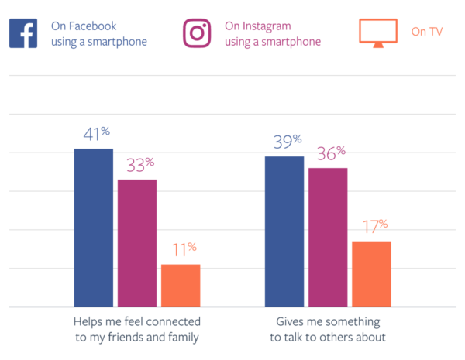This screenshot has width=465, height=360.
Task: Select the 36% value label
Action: click(x=329, y=153)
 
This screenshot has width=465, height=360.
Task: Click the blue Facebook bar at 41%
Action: click(x=94, y=228)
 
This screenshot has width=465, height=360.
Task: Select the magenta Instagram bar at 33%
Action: click(x=137, y=243)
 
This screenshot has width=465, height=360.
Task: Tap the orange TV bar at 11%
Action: click(x=181, y=286)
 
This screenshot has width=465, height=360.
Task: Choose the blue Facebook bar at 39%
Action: click(x=284, y=231)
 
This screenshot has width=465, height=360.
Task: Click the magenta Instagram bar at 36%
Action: click(x=328, y=237)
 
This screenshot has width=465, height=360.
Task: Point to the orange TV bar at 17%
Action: click(x=371, y=274)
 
